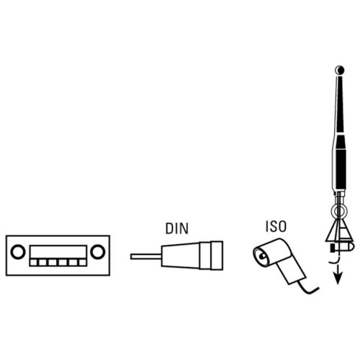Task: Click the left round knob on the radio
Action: point(18,252)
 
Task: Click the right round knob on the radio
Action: point(97,252)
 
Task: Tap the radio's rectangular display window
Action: point(58,252)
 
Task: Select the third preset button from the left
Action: point(53,263)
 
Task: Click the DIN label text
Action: point(177,229)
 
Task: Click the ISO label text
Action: point(276,226)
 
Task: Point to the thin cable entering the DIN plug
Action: point(146,256)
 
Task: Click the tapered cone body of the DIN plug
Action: point(181,256)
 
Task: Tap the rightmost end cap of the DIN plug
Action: point(217,256)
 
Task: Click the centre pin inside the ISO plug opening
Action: point(263,256)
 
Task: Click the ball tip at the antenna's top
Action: point(340,70)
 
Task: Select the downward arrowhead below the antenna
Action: point(338,279)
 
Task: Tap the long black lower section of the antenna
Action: point(341,168)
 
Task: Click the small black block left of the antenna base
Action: point(333,248)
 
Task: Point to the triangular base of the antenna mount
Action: point(339,231)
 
